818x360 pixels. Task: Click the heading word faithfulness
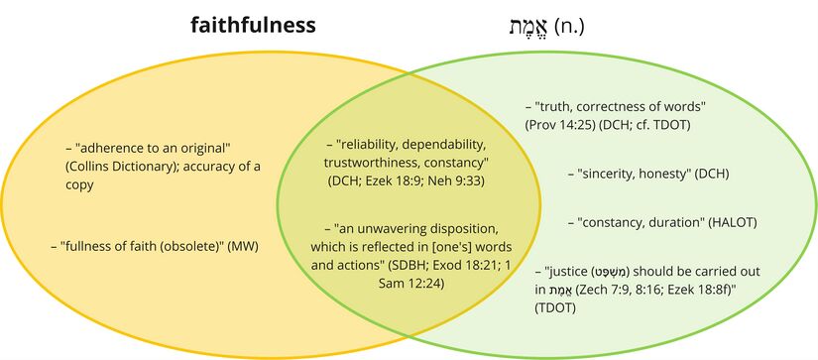click(253, 25)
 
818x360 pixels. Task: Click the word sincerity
click(611, 174)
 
